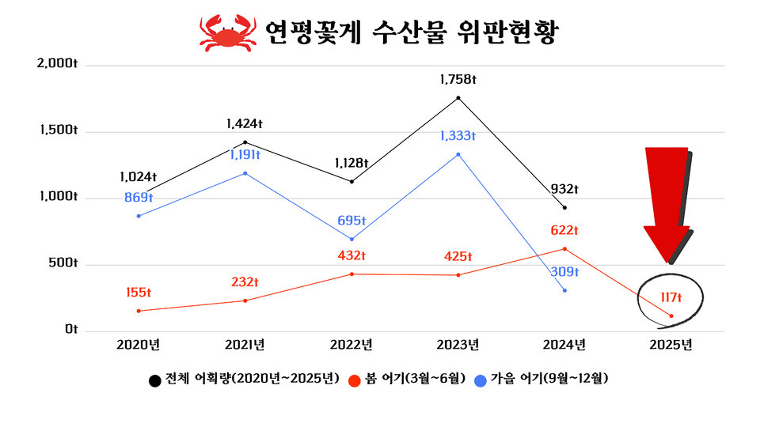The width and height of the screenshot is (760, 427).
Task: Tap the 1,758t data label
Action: tap(458, 80)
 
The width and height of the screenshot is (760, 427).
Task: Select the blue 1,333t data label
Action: tap(458, 136)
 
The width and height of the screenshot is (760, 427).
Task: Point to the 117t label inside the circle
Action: tap(671, 297)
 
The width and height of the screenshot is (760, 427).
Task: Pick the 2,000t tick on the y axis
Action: tap(57, 64)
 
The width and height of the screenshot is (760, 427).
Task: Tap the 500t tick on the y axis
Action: tap(62, 263)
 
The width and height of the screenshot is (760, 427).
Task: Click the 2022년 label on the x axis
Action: tap(351, 345)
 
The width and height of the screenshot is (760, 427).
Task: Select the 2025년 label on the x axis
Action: tap(671, 345)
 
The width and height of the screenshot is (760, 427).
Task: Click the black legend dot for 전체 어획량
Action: tap(155, 380)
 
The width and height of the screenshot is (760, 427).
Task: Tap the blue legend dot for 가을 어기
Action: tap(481, 380)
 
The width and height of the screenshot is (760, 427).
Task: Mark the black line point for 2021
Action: tap(245, 142)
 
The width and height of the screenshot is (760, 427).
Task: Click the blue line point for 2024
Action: tap(564, 290)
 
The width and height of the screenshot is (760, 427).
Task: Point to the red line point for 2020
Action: tap(138, 311)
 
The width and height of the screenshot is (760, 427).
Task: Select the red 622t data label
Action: tap(564, 231)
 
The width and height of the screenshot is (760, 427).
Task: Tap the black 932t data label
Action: tap(564, 190)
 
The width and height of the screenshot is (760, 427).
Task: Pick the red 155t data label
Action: tap(138, 293)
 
